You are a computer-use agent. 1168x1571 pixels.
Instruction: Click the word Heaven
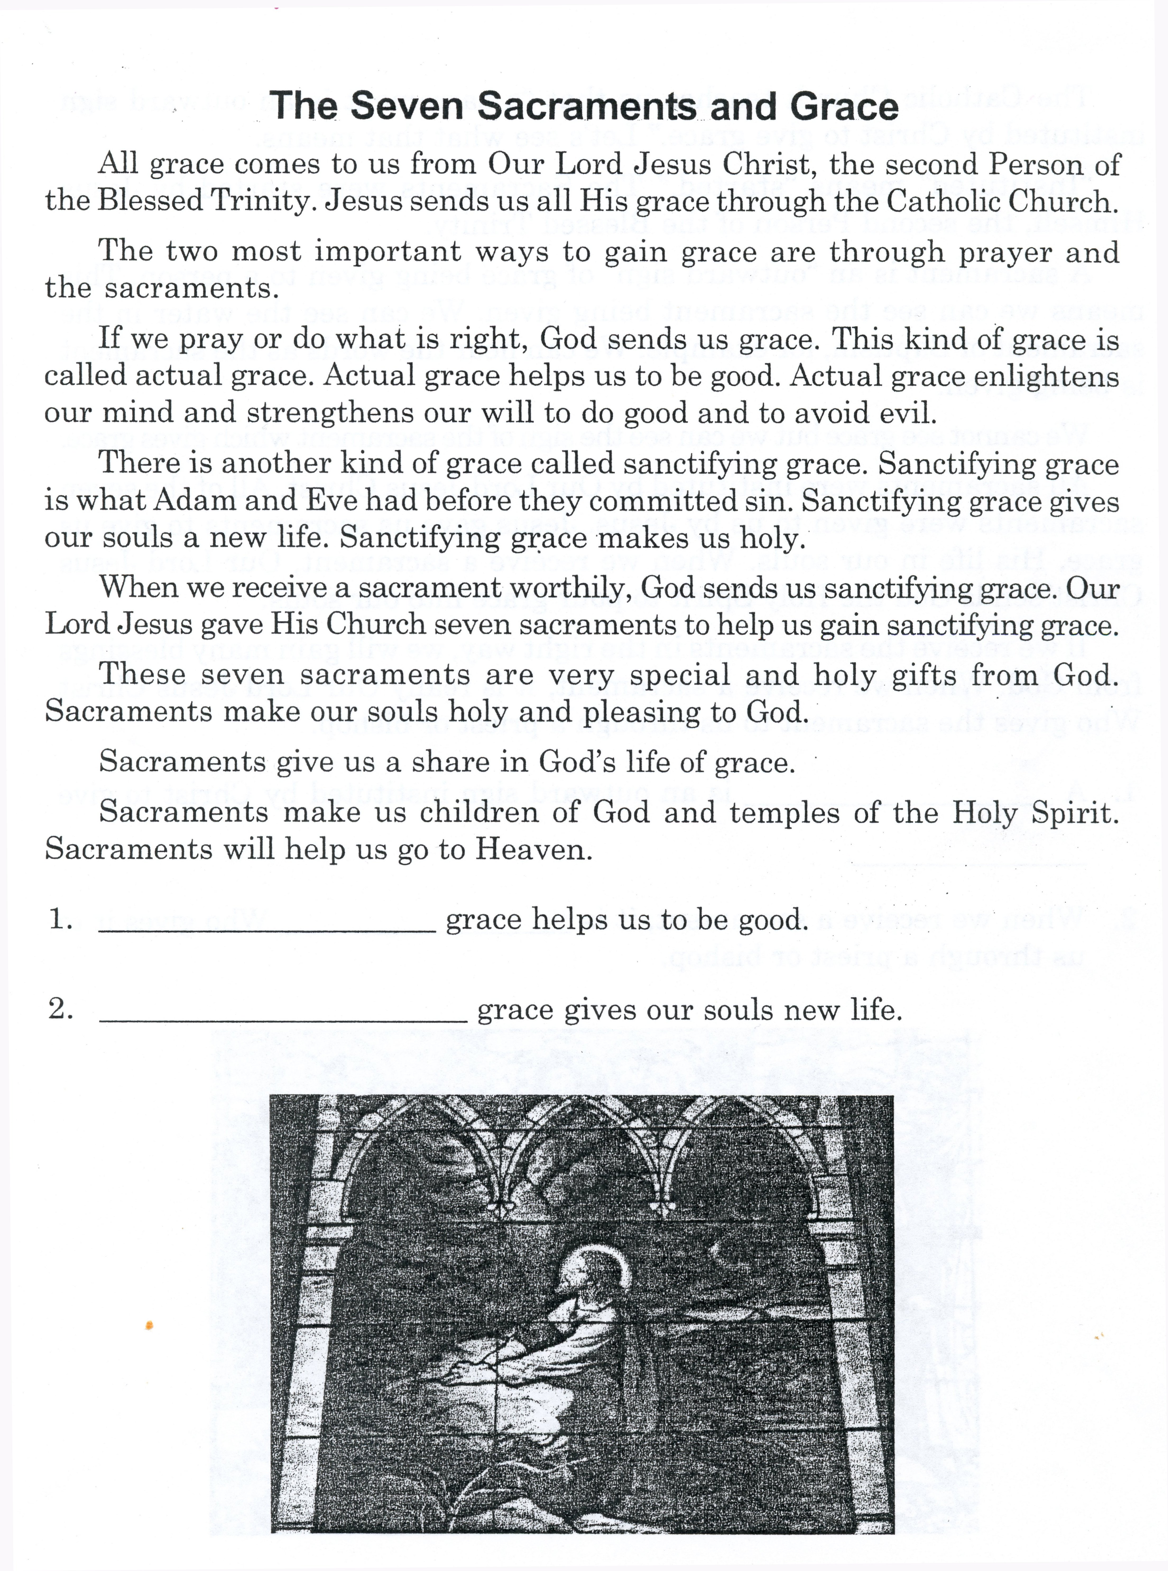click(x=532, y=849)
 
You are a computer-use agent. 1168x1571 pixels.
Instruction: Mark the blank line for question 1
click(x=267, y=932)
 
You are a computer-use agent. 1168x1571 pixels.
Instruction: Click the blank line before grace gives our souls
click(x=283, y=1021)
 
